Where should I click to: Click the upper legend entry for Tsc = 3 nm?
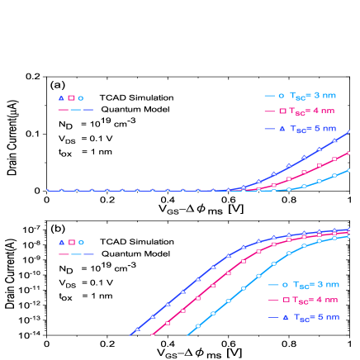pyautogui.click(x=301, y=96)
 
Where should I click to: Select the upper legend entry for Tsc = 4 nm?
pyautogui.click(x=301, y=111)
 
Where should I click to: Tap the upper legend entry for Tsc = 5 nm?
pyautogui.click(x=301, y=129)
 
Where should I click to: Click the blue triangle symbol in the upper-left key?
pyautogui.click(x=61, y=98)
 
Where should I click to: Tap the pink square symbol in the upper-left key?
pyautogui.click(x=72, y=98)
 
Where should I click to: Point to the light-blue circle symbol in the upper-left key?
pyautogui.click(x=81, y=98)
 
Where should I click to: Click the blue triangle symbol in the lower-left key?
pyautogui.click(x=61, y=243)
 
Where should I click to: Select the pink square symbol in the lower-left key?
pyautogui.click(x=72, y=243)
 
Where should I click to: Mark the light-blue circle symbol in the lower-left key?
pyautogui.click(x=81, y=243)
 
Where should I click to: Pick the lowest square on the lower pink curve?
pyautogui.click(x=153, y=334)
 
